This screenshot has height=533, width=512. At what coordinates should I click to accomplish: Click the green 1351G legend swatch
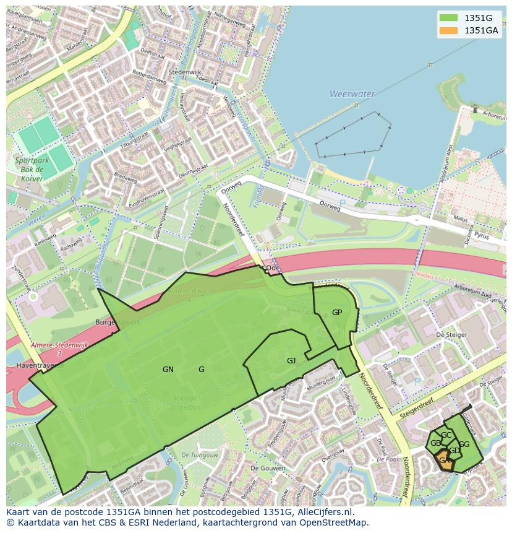tap(448, 18)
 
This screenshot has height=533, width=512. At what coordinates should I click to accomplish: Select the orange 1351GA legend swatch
tap(448, 30)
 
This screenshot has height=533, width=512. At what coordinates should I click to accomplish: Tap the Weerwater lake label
tap(352, 94)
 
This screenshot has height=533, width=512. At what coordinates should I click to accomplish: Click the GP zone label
tap(336, 313)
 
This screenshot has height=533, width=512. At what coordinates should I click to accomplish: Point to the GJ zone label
tap(291, 361)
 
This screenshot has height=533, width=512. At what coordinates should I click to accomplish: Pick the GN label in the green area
tap(168, 370)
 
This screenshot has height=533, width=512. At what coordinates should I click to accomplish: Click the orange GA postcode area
tap(444, 461)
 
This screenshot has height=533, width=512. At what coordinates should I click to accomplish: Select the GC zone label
tap(446, 435)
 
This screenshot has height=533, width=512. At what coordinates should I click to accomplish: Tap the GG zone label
tap(464, 444)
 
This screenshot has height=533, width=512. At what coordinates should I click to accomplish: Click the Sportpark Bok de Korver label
tap(30, 169)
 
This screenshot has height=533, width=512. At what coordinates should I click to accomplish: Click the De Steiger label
tap(449, 334)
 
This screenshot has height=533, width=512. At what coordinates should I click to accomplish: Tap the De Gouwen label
tap(266, 468)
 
